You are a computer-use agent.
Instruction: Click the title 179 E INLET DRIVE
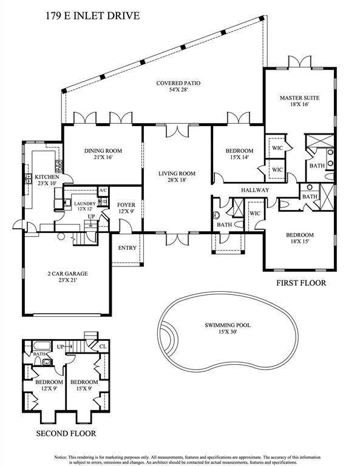[x=92, y=16]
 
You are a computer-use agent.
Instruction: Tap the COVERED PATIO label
[x=178, y=83]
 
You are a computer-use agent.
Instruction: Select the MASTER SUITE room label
[x=300, y=98]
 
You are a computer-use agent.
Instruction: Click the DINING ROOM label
[x=103, y=150]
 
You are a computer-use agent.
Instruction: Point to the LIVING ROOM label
[x=177, y=174]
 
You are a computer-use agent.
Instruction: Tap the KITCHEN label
[x=47, y=177]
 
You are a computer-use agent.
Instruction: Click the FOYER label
[x=126, y=204]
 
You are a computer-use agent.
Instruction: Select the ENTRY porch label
[x=127, y=248]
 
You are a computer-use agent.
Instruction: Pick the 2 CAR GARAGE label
[x=68, y=274]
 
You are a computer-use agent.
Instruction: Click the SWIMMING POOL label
[x=228, y=325]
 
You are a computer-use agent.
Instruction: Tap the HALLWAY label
[x=255, y=190]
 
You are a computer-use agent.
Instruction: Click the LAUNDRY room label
[x=85, y=204]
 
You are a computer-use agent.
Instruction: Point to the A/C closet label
[x=103, y=190]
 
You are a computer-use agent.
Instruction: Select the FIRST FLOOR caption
[x=301, y=283]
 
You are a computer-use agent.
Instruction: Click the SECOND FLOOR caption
[x=66, y=433]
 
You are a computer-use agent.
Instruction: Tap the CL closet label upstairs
[x=103, y=346]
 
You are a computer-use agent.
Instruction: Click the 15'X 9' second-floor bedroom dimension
[x=84, y=388]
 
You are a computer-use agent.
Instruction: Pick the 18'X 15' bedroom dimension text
[x=300, y=241]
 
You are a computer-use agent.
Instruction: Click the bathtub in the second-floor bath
[x=42, y=346]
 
